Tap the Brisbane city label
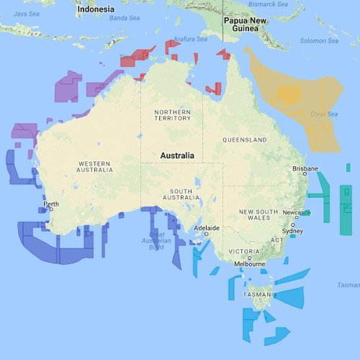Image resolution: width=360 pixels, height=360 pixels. [305, 168]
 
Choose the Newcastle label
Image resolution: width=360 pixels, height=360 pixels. [295, 212]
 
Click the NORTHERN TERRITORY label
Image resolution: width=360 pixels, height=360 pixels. [173, 114]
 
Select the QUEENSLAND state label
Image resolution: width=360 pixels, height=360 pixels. [244, 140]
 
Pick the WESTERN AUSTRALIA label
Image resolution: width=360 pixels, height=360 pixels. [95, 167]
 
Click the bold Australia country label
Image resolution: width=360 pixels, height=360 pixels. [177, 156]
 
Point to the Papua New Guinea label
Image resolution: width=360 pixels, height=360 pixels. [246, 25]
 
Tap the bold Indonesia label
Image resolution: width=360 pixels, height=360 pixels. [96, 9]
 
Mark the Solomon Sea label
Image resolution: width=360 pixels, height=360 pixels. [319, 41]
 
